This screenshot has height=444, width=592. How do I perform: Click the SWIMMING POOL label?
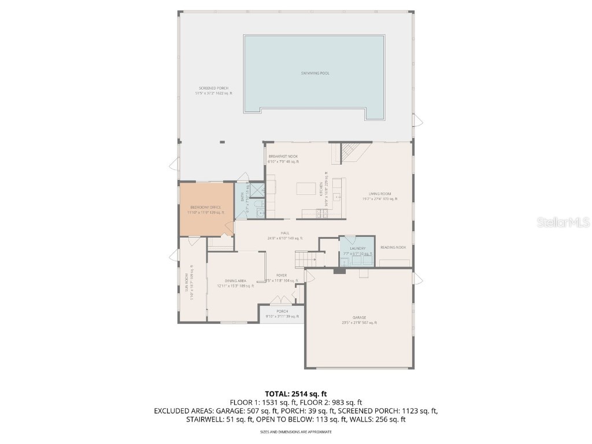tap(315, 73)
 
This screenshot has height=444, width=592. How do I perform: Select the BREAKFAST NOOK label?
tap(283, 156)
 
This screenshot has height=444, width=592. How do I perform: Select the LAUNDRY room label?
tap(357, 248)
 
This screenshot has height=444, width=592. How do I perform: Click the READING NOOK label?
tap(393, 247)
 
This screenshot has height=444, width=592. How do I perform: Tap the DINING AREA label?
tap(235, 280)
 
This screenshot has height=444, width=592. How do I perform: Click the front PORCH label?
tap(282, 312)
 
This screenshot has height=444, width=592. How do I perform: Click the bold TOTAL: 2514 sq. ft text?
tap(295, 394)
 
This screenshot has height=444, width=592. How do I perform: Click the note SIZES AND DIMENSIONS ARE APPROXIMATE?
tap(295, 431)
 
